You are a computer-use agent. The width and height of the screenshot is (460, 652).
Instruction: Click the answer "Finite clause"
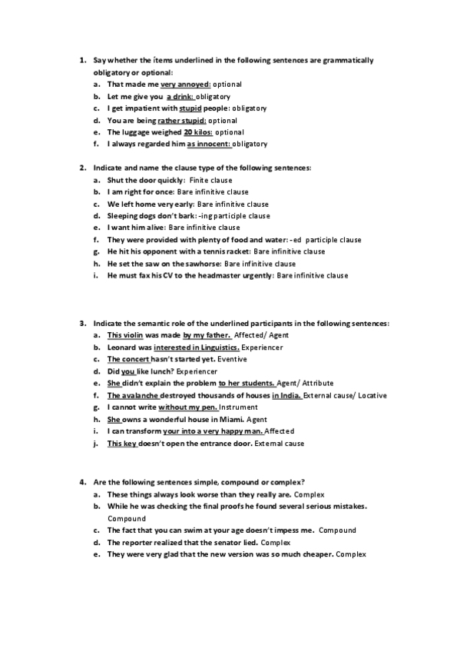pyautogui.click(x=210, y=180)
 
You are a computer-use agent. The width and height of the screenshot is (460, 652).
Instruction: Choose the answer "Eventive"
pyautogui.click(x=233, y=359)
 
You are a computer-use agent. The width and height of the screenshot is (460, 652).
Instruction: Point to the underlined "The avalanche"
pyautogui.click(x=132, y=395)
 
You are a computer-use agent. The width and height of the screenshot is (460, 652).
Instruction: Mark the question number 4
pyautogui.click(x=82, y=481)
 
